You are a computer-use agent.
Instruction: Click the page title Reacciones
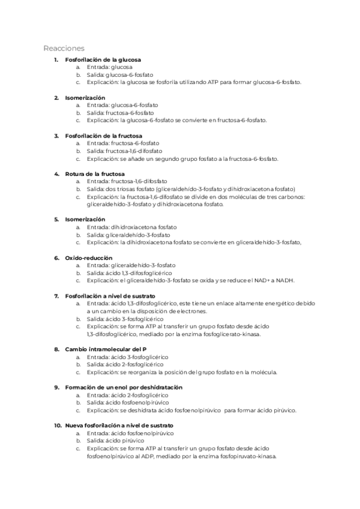(x=64, y=47)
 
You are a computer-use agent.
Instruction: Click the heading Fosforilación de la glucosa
(x=103, y=60)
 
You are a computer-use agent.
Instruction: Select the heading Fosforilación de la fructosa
(x=104, y=136)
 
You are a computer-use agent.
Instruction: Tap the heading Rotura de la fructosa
(x=95, y=173)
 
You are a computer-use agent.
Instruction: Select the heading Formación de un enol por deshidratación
(x=124, y=388)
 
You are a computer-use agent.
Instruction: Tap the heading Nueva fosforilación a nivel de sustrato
(x=119, y=426)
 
